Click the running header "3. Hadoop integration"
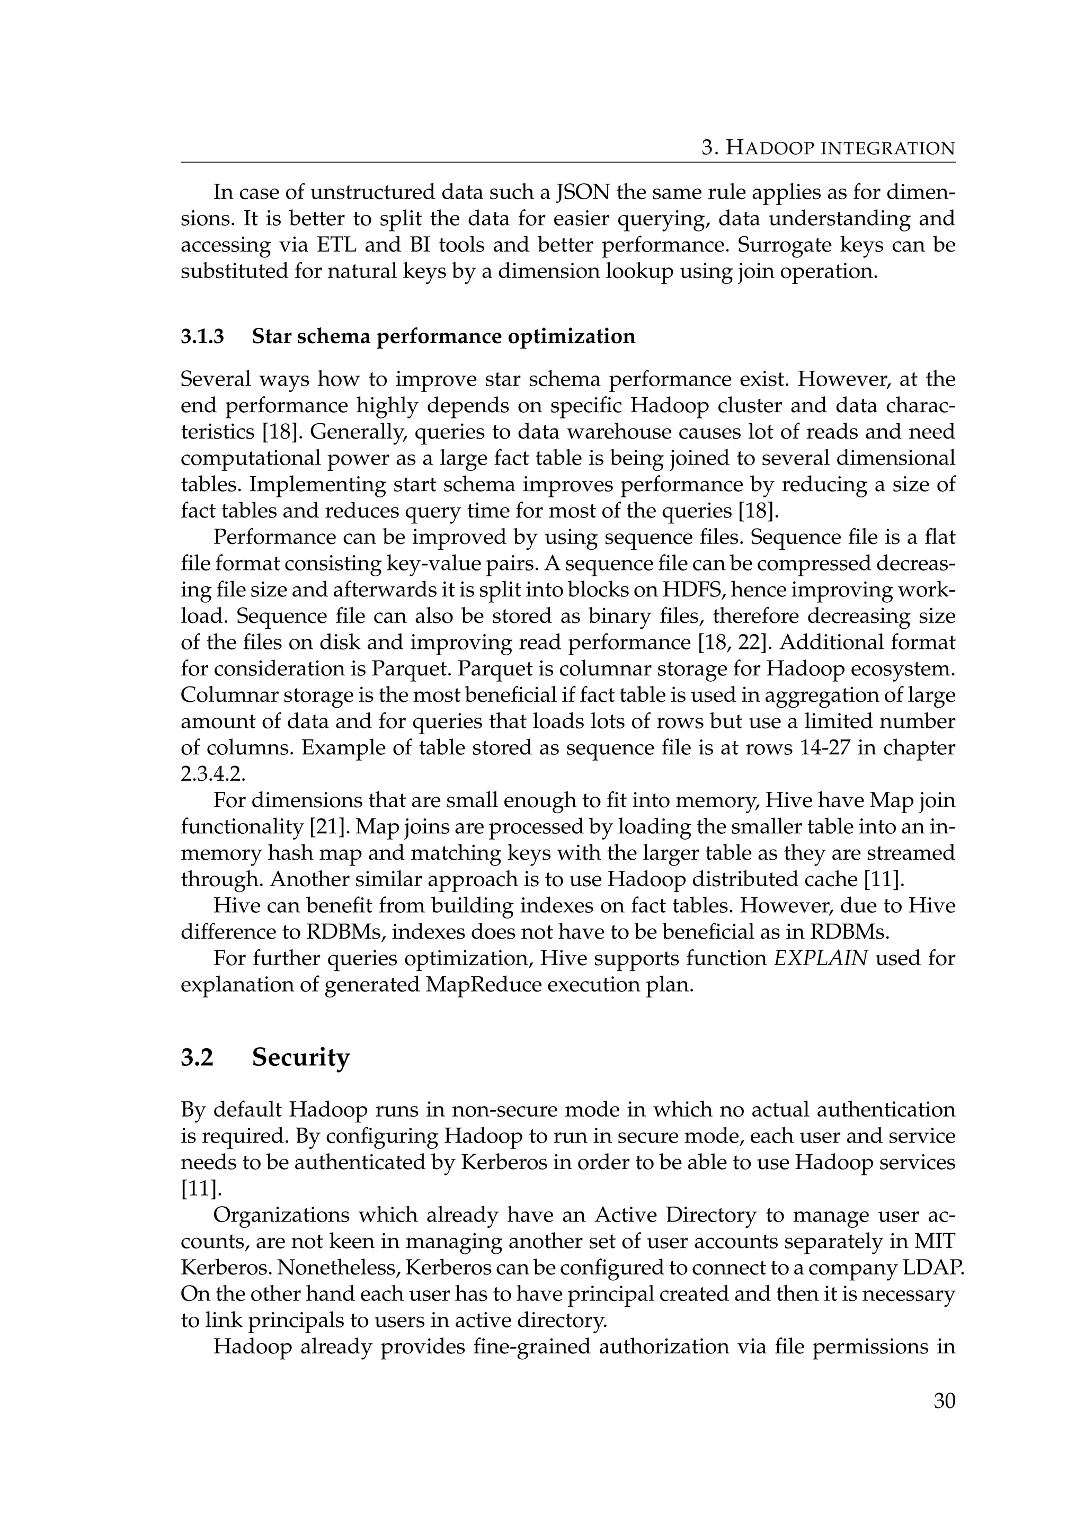click(x=828, y=148)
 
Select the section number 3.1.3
click(x=202, y=336)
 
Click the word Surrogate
click(x=777, y=245)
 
